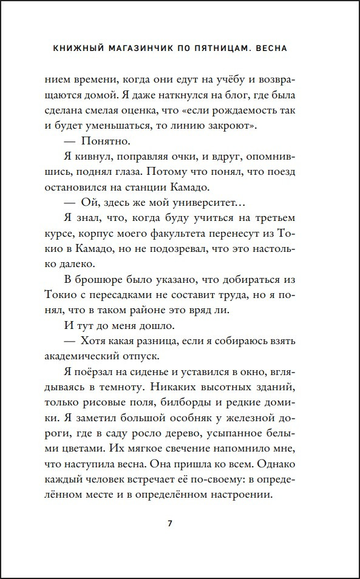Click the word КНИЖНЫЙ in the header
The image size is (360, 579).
75,47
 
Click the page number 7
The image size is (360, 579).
171,524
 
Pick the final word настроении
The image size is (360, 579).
236,495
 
